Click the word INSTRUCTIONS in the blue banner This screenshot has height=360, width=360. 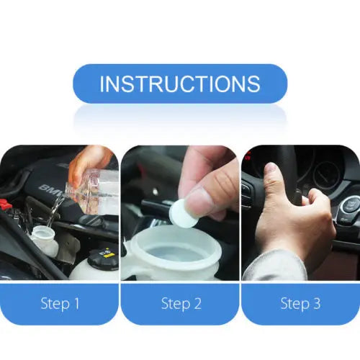tap(180, 84)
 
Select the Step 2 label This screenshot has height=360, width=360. tap(180, 304)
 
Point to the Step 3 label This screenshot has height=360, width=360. tap(300, 304)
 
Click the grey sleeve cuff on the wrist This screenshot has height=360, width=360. tap(274, 266)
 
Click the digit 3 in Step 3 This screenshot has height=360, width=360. tap(316, 304)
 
